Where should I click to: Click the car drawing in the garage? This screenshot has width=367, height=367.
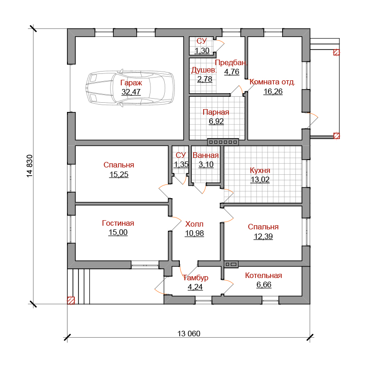coord(130,90)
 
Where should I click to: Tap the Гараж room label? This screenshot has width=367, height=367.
coord(131,83)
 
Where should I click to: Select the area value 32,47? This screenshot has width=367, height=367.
coord(131,92)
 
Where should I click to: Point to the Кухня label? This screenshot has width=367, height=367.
coord(260,170)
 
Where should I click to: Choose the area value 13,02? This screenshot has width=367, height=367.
coord(260,179)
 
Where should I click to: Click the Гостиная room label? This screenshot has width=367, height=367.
coord(118,223)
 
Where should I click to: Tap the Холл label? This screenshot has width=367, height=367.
coord(195,224)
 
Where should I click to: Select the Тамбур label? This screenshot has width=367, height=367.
coord(195,278)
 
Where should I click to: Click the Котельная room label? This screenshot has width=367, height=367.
coord(263,276)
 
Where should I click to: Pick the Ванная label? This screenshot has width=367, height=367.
coord(206,156)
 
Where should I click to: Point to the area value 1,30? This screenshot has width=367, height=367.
coord(202,50)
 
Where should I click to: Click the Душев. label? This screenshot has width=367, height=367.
coord(204,71)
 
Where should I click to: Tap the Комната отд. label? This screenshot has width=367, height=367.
coord(272,83)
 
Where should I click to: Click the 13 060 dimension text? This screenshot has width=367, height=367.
coord(189,334)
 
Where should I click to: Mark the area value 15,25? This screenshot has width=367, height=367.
coord(119,174)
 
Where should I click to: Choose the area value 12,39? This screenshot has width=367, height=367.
coord(263,236)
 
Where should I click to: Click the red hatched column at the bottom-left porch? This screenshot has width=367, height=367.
coord(71,300)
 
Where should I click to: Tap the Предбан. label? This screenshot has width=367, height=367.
coord(231,62)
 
